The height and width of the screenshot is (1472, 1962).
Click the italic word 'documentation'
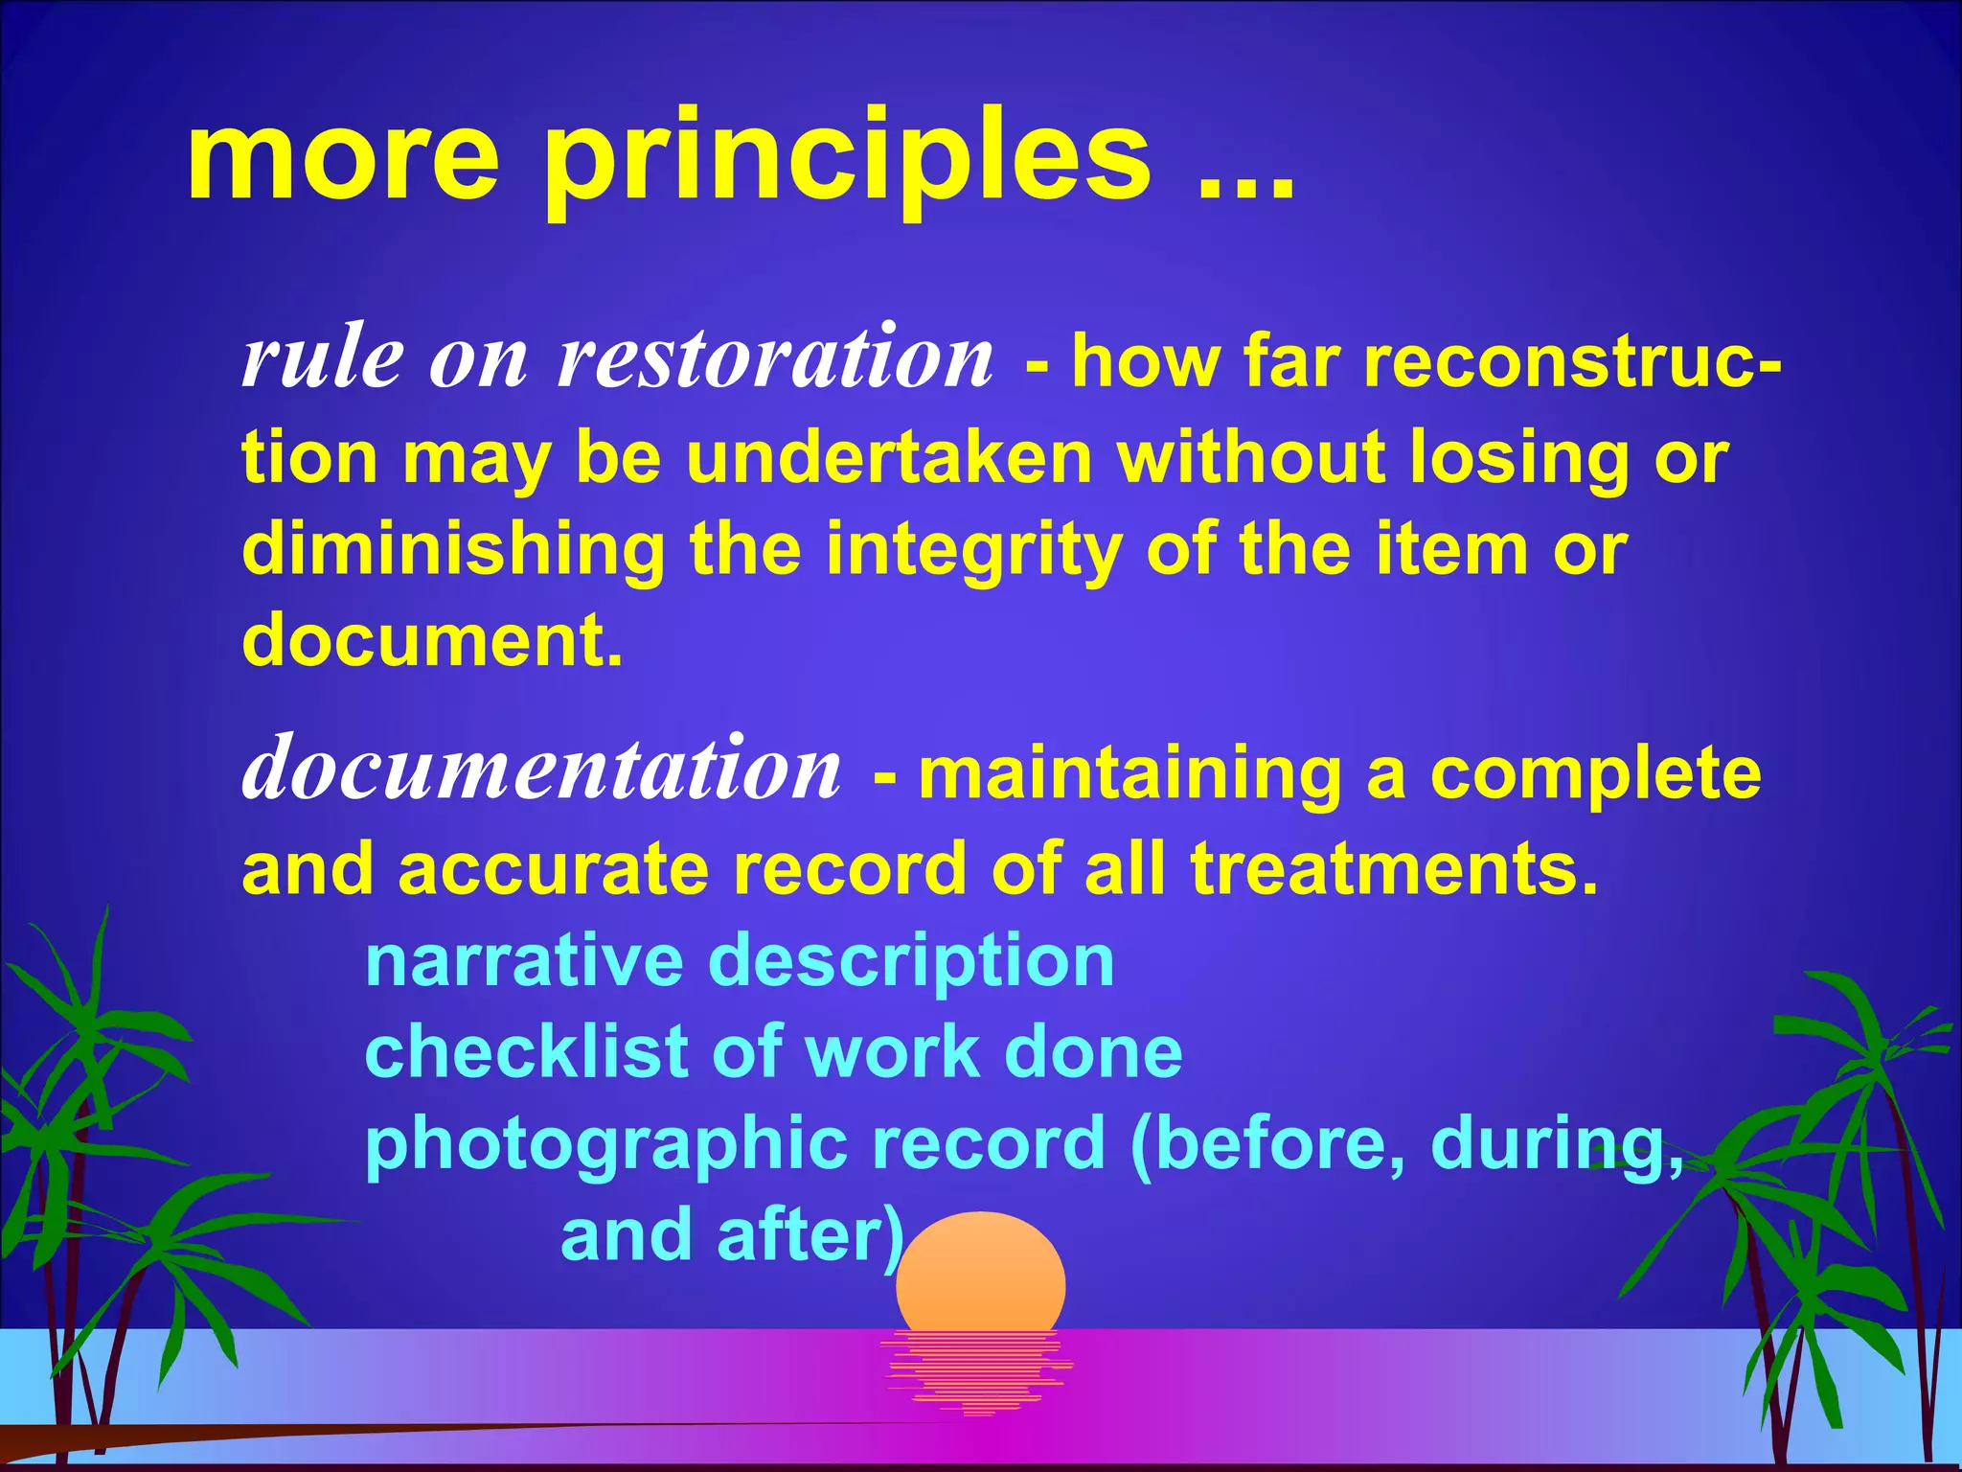point(542,770)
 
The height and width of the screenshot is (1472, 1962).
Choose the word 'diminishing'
point(453,550)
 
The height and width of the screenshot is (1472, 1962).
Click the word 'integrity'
point(973,550)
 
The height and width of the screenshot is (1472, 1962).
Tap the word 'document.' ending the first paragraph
point(432,640)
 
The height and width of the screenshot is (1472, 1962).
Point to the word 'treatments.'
point(1395,869)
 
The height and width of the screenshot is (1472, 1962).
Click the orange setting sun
point(980,1275)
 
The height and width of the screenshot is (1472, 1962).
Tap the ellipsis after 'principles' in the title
point(1245,182)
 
